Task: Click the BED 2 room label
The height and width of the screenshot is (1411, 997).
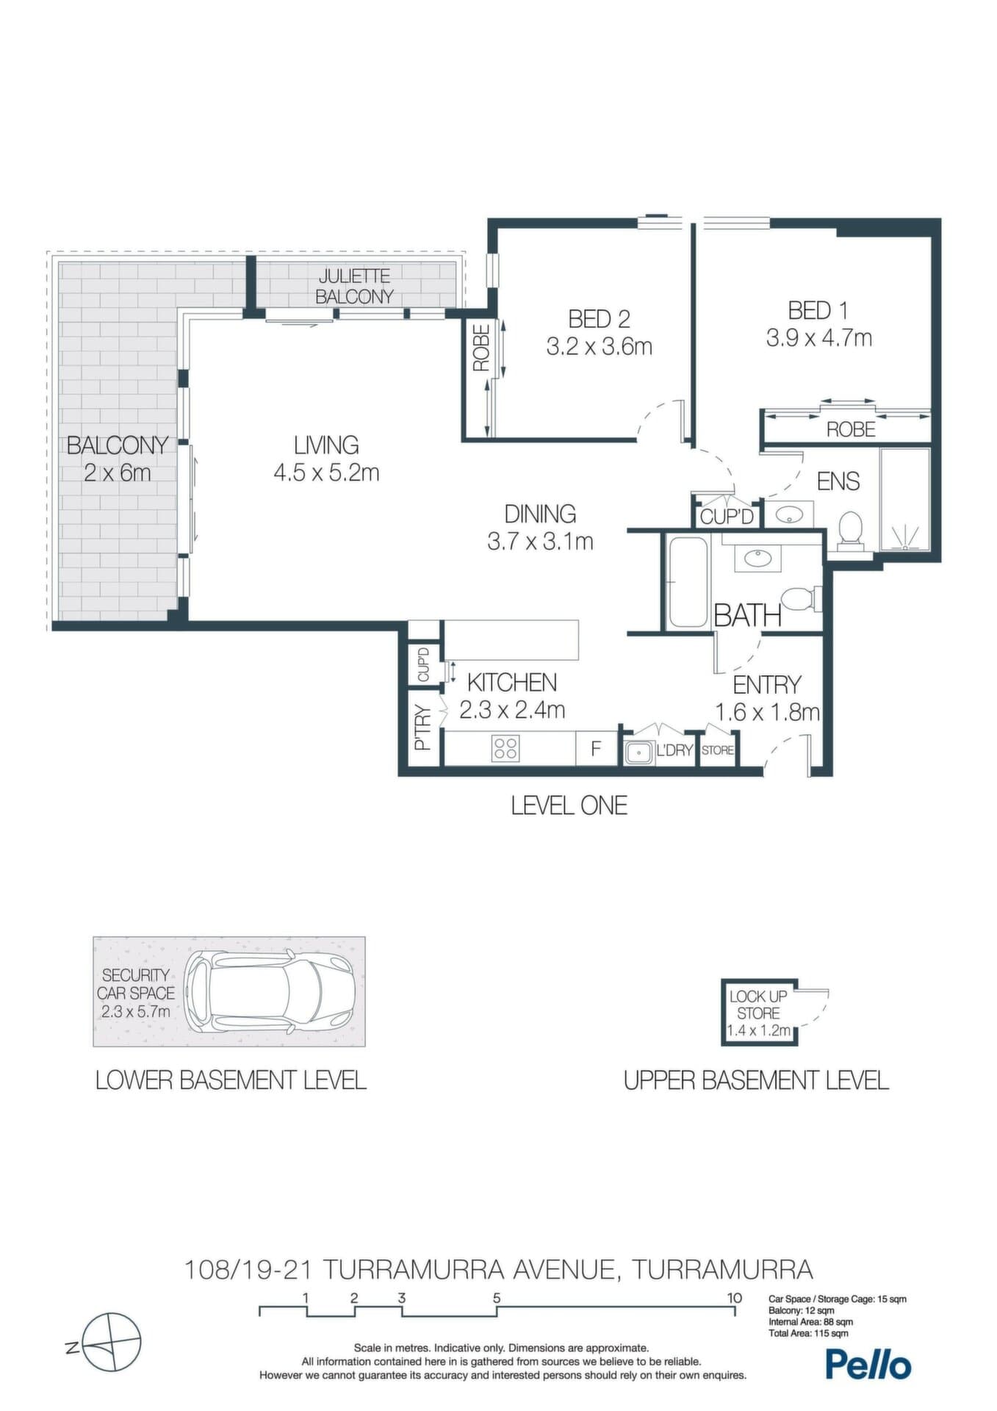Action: coord(599,319)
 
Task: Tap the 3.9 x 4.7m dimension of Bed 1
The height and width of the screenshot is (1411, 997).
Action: coord(819,338)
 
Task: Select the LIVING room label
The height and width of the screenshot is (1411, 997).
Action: coord(326,445)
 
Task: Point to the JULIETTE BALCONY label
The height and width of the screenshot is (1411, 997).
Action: coord(354,287)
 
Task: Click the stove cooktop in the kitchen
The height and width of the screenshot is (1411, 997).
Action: coord(505,748)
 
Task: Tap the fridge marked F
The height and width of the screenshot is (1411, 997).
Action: coord(597,749)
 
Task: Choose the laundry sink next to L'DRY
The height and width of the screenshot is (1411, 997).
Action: coord(638,752)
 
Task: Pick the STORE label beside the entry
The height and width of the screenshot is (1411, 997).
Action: coord(717,750)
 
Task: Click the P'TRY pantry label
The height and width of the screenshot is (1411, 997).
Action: coord(422,728)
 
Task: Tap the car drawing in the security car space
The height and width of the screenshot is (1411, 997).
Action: coord(269,991)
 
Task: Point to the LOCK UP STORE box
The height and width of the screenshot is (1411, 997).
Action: coord(759,1013)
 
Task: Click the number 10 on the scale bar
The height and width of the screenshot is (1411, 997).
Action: coord(734,1298)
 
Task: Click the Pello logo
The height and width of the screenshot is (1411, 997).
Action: coord(868,1364)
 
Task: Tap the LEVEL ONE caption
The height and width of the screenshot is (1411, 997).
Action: coord(569,805)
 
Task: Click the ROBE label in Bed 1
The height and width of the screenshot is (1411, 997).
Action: coord(851,429)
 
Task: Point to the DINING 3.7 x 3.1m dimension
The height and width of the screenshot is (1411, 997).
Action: coord(540,542)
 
